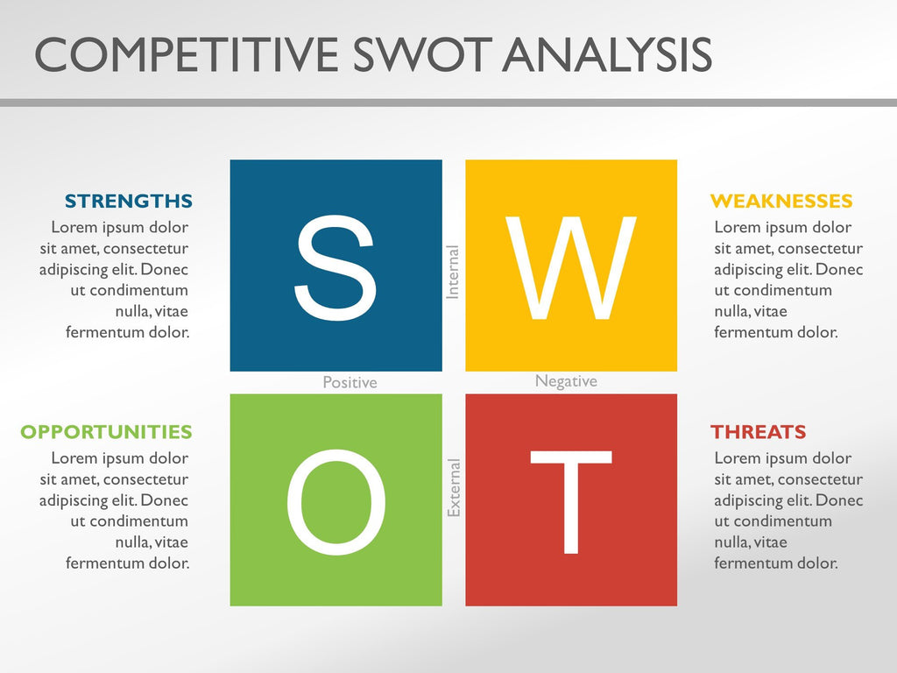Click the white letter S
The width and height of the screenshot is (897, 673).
click(x=335, y=267)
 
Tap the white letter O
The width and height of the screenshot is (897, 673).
click(x=335, y=504)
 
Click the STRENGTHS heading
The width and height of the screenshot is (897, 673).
click(x=129, y=202)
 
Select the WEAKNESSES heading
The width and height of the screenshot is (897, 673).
click(x=780, y=202)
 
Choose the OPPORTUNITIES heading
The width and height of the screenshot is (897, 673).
click(x=106, y=432)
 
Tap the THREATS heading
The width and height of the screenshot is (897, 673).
click(x=758, y=432)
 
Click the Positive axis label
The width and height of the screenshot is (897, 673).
click(x=350, y=383)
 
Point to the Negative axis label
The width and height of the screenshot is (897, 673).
click(x=566, y=381)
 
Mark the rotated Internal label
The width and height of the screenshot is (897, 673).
click(x=453, y=273)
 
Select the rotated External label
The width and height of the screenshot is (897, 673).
click(x=454, y=487)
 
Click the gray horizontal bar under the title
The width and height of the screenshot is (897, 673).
click(x=448, y=103)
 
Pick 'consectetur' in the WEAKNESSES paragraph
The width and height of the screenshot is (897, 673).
click(x=820, y=249)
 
